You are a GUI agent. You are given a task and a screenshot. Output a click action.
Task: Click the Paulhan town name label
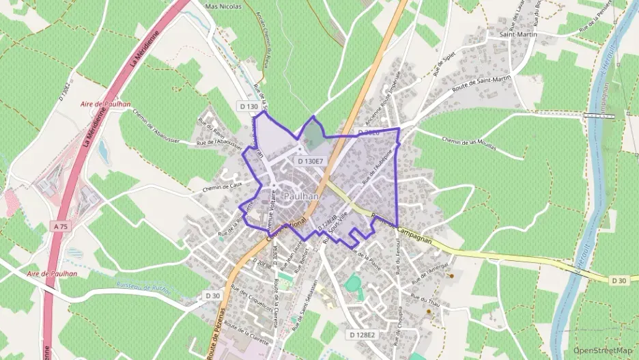click(x=300, y=196)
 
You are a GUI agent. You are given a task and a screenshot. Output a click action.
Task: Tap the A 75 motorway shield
click(x=60, y=225)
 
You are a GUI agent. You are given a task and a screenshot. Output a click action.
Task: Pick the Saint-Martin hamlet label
click(x=518, y=34)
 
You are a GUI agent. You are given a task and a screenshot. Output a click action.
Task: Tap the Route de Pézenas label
click(x=217, y=340)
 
